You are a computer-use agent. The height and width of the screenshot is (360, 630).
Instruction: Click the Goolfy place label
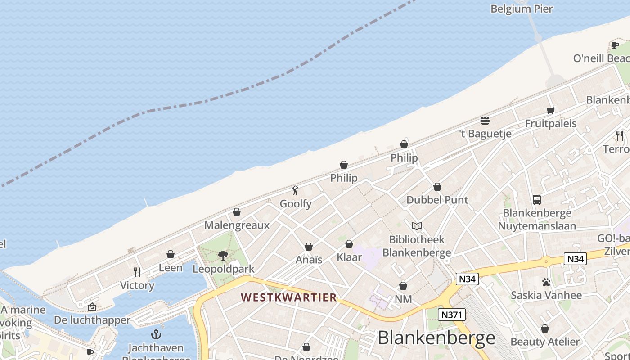[x=296, y=204]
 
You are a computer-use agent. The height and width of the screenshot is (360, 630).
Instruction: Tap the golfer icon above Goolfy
[x=295, y=190]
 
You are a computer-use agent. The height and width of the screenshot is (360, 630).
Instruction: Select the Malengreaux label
[x=237, y=225]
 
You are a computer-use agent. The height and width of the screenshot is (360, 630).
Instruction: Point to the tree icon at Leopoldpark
[x=223, y=256]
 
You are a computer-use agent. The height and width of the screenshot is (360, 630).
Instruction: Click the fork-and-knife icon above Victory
[x=137, y=272]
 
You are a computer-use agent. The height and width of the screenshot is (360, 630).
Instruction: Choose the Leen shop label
[x=171, y=268]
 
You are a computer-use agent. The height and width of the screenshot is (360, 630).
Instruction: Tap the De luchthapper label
[x=92, y=320]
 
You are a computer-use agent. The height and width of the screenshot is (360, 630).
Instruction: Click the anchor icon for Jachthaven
[x=156, y=334]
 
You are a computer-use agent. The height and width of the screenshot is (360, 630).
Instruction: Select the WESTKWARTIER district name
[x=288, y=297]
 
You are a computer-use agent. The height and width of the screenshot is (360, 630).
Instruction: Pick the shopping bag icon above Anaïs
[x=309, y=247]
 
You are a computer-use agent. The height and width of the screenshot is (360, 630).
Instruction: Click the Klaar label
[x=349, y=257]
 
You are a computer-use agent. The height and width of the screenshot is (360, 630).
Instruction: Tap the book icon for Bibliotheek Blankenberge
[x=417, y=226]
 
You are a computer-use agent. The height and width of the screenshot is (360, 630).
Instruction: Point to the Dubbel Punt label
[x=437, y=200]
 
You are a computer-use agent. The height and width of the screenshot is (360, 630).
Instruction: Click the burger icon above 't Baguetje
[x=485, y=120]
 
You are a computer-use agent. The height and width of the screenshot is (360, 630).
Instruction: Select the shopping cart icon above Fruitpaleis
[x=550, y=110]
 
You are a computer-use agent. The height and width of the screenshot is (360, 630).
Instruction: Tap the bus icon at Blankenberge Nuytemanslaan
[x=536, y=199]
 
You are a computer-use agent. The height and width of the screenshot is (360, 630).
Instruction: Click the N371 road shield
[x=451, y=315]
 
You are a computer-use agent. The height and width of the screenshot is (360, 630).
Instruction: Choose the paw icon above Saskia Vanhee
[x=546, y=282]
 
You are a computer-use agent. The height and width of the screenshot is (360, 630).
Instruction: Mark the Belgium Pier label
[x=522, y=9]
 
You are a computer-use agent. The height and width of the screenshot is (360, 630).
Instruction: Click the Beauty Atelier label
[x=545, y=342]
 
